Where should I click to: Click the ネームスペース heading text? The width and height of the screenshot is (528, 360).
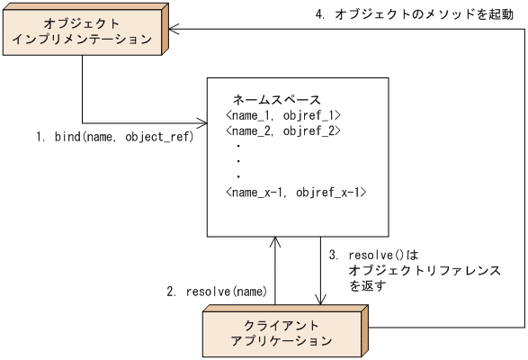pyautogui.click(x=277, y=98)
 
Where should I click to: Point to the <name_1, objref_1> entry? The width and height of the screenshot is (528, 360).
pyautogui.click(x=282, y=115)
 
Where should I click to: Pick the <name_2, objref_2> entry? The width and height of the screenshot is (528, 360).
pyautogui.click(x=282, y=131)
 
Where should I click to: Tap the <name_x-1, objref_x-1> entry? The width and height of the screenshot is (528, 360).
pyautogui.click(x=295, y=193)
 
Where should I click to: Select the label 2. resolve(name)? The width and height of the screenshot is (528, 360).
pyautogui.click(x=215, y=292)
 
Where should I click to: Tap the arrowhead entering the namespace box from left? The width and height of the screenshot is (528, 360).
pyautogui.click(x=201, y=122)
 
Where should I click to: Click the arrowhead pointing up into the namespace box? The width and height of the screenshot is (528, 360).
pyautogui.click(x=275, y=242)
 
